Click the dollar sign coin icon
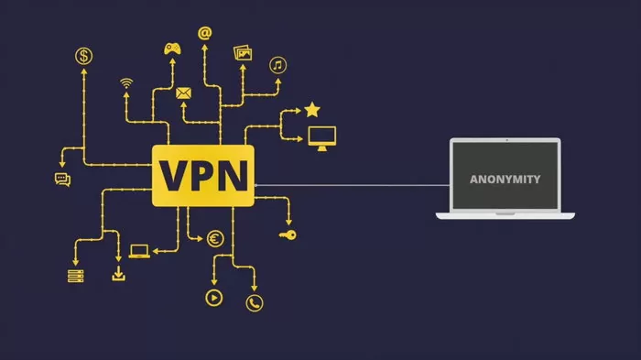pyautogui.click(x=84, y=57)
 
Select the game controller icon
pyautogui.click(x=173, y=48)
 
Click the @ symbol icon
pyautogui.click(x=204, y=34)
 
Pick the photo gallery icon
pyautogui.click(x=243, y=53)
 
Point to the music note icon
pyautogui.click(x=277, y=65)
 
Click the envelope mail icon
pyautogui.click(x=183, y=93)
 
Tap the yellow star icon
pyautogui.click(x=312, y=110)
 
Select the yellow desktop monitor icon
pyautogui.click(x=321, y=137)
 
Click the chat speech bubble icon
pyautogui.click(x=62, y=180)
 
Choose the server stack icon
pyautogui.click(x=75, y=276)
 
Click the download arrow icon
pyautogui.click(x=118, y=274)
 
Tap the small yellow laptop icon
pyautogui.click(x=139, y=250)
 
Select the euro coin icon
pyautogui.click(x=215, y=239)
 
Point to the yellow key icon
pyautogui.click(x=288, y=235)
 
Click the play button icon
pyautogui.click(x=213, y=297)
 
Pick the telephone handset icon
pyautogui.click(x=254, y=302)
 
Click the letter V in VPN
pyautogui.click(x=174, y=175)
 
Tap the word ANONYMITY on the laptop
pyautogui.click(x=505, y=179)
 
